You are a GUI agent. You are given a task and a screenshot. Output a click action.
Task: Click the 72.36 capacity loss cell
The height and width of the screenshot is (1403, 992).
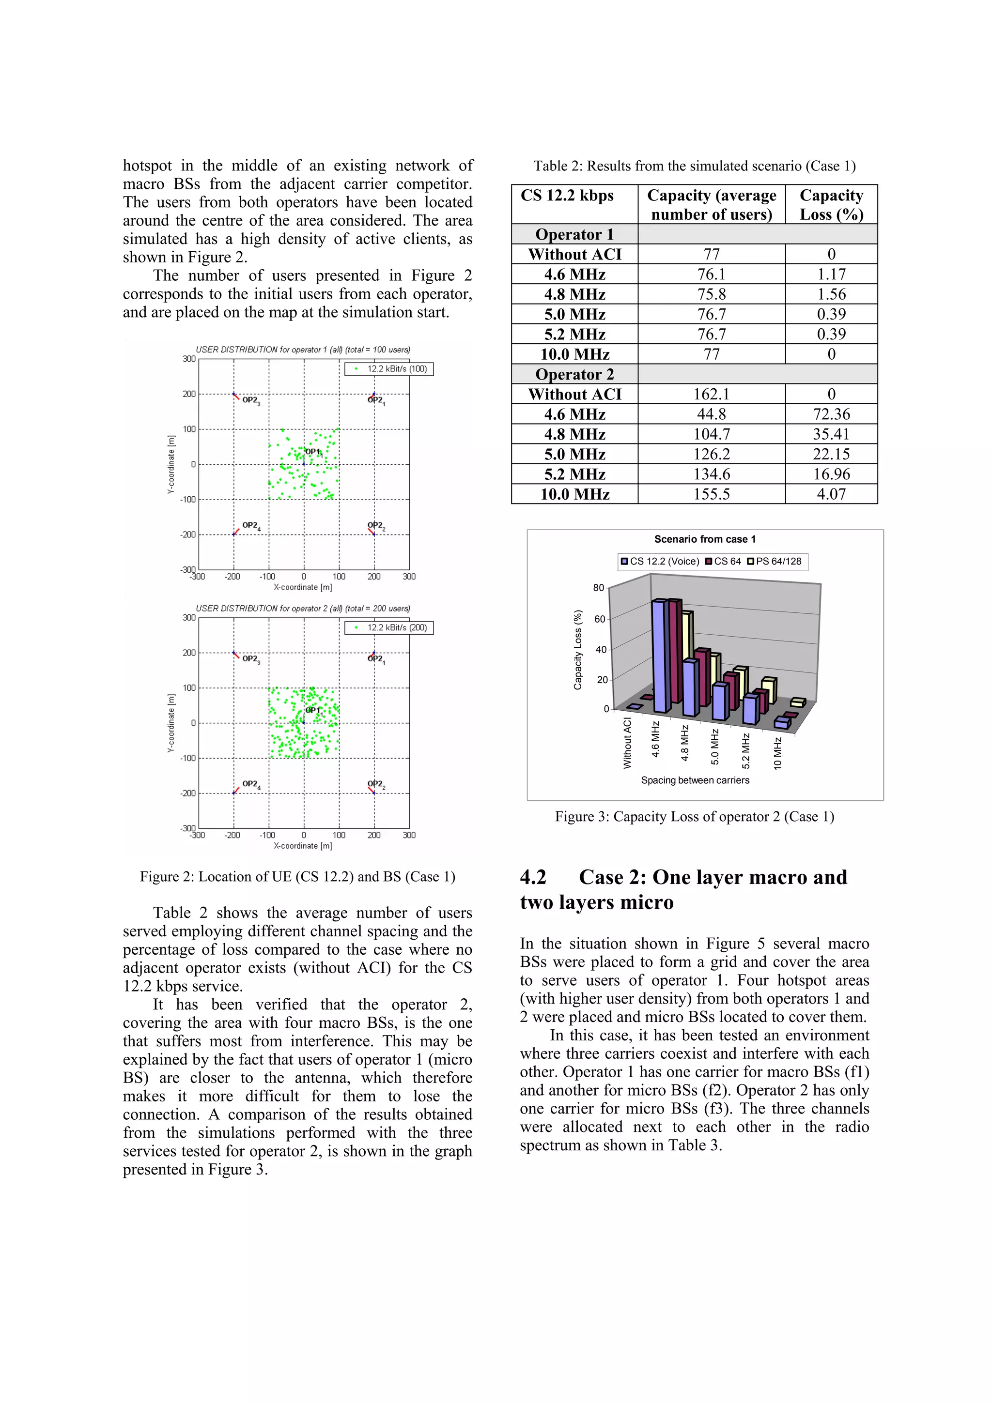click(x=831, y=414)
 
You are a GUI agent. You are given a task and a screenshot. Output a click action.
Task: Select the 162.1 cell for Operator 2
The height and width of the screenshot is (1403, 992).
click(x=711, y=394)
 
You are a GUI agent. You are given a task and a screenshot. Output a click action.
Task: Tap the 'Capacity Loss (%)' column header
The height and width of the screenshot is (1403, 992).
click(x=831, y=205)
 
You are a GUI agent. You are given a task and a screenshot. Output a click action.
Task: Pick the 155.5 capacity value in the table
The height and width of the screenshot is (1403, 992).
click(x=711, y=494)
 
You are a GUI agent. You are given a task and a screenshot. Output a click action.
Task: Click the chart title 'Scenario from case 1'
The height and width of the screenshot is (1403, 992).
click(x=705, y=539)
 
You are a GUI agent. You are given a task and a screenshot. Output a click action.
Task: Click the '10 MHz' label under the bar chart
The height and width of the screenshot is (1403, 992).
click(x=777, y=753)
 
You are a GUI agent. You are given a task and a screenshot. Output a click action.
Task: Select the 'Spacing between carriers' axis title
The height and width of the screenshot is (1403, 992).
click(x=695, y=780)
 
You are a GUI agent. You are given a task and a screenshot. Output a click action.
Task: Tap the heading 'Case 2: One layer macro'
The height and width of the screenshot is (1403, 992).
click(x=683, y=878)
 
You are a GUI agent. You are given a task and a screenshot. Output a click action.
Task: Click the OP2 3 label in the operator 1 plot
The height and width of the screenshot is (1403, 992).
click(x=250, y=400)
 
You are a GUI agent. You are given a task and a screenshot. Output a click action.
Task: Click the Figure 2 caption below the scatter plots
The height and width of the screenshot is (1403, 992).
click(x=298, y=877)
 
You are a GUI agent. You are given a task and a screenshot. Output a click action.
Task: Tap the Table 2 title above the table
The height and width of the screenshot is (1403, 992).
click(x=694, y=166)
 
